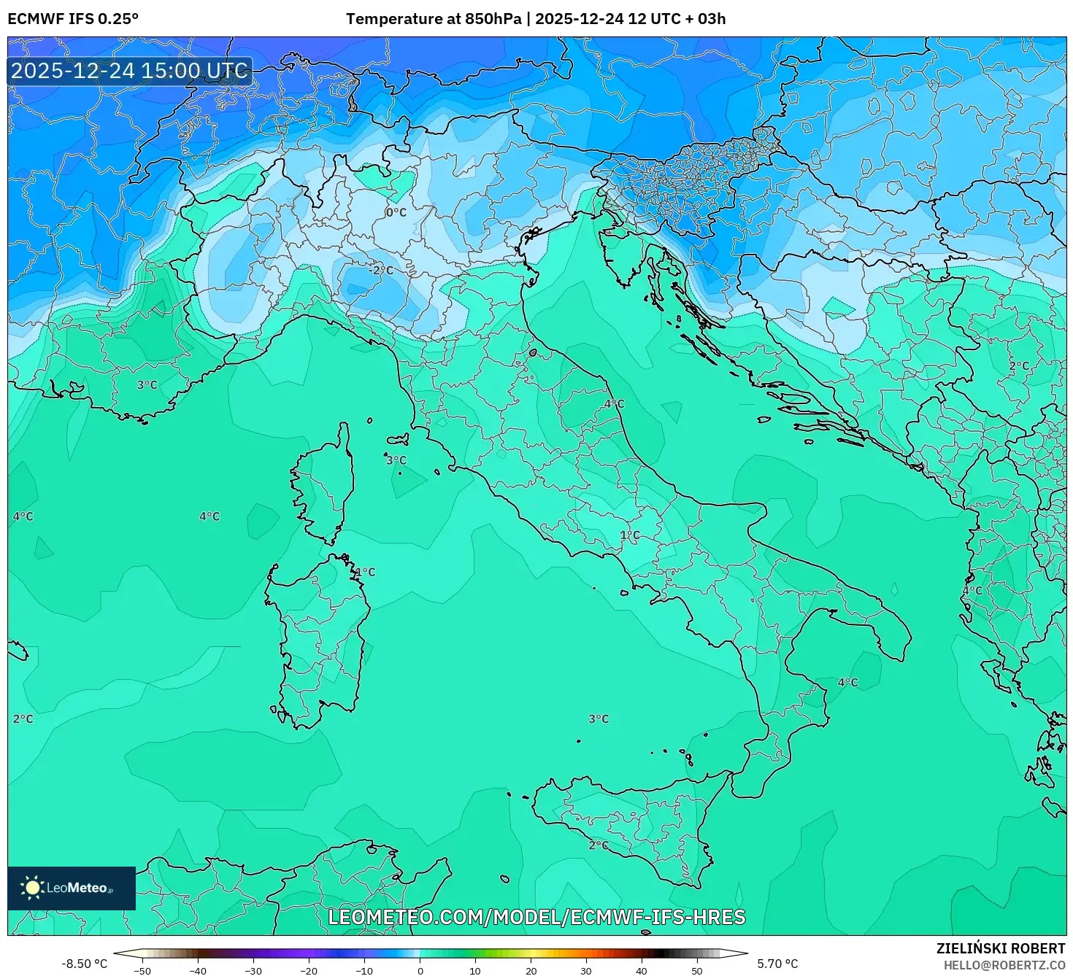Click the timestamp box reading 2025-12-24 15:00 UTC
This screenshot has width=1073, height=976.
pyautogui.click(x=130, y=71)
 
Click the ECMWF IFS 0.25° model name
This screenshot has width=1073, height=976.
pyautogui.click(x=72, y=19)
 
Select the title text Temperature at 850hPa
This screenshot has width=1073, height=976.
pyautogui.click(x=434, y=19)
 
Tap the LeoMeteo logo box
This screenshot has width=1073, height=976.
pyautogui.click(x=72, y=888)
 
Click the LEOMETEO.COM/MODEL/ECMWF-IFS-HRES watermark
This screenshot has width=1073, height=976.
pyautogui.click(x=536, y=917)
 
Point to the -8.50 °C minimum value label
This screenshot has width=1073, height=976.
pyautogui.click(x=84, y=964)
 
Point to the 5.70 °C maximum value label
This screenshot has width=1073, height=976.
pyautogui.click(x=777, y=964)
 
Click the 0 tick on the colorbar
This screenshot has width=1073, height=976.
pyautogui.click(x=420, y=970)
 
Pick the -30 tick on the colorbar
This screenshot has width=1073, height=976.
pyautogui.click(x=253, y=970)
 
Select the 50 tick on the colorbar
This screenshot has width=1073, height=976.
pyautogui.click(x=697, y=970)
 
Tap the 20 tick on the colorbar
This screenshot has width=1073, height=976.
pyautogui.click(x=531, y=970)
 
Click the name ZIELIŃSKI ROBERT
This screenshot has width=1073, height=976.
pyautogui.click(x=1000, y=948)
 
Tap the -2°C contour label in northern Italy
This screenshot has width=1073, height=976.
pyautogui.click(x=380, y=270)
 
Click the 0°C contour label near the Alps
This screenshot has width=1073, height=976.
pyautogui.click(x=396, y=212)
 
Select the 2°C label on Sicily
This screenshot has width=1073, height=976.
pyautogui.click(x=598, y=845)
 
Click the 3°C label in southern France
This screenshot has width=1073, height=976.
pyautogui.click(x=147, y=384)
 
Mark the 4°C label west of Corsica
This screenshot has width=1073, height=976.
pyautogui.click(x=209, y=516)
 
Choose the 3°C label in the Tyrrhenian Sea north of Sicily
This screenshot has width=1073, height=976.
pyautogui.click(x=599, y=719)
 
